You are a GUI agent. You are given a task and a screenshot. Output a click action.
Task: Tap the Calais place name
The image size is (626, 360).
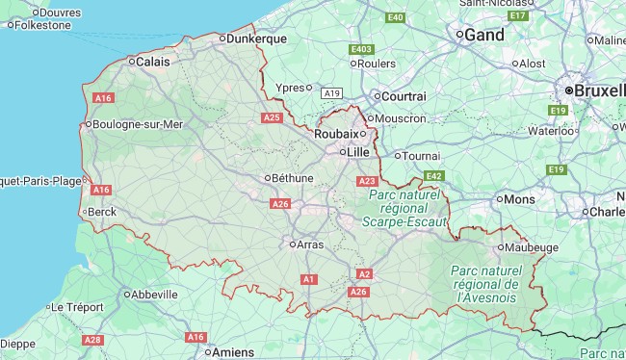(x=153, y=62)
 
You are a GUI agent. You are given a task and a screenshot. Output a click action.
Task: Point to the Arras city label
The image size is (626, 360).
(x=310, y=244)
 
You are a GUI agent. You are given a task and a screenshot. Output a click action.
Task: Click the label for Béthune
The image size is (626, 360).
(x=293, y=178)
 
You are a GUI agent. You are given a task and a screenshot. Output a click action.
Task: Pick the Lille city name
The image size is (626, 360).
(x=358, y=151)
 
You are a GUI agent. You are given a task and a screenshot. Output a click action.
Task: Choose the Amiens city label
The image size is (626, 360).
(x=235, y=352)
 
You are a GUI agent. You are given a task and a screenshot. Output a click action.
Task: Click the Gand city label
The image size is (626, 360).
(x=484, y=35)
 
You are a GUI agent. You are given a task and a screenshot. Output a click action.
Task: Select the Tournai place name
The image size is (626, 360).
(x=421, y=156)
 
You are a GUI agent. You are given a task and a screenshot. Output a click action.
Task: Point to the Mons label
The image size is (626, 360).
(x=520, y=199)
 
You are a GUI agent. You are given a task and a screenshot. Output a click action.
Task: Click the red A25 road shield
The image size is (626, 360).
(x=272, y=117)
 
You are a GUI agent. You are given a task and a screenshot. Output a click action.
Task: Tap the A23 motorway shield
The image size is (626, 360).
(x=367, y=181)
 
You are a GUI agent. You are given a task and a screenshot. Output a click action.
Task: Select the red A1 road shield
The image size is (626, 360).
(x=309, y=279)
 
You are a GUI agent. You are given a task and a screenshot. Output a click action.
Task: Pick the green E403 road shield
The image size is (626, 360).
(x=362, y=49)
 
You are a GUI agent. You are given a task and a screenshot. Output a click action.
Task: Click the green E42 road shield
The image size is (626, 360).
(x=433, y=176)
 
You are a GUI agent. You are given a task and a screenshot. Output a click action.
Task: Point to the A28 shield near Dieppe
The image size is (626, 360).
(x=92, y=340)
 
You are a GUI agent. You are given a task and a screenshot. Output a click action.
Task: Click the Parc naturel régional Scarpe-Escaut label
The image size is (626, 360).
(x=404, y=208)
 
